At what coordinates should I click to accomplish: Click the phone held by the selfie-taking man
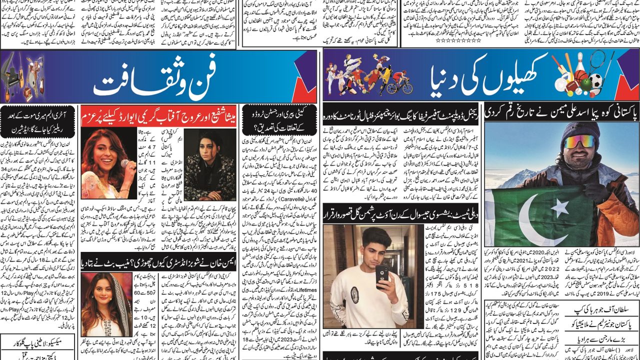click(x=382, y=273)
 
